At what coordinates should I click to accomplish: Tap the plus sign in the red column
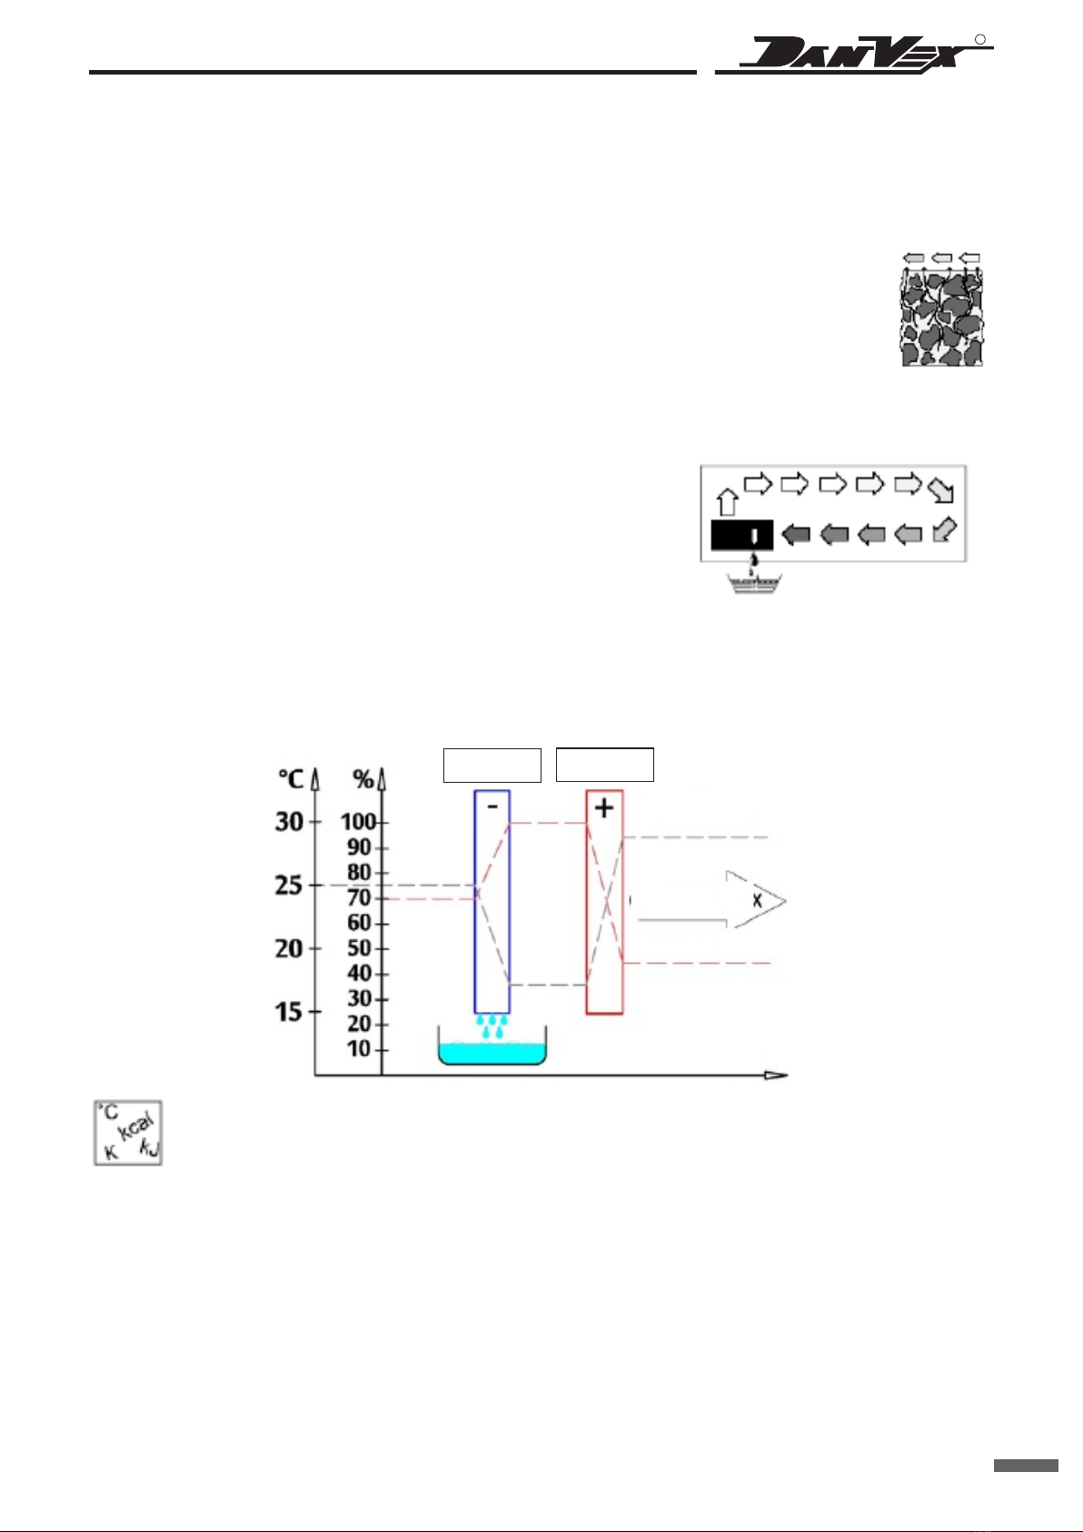pyautogui.click(x=604, y=808)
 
